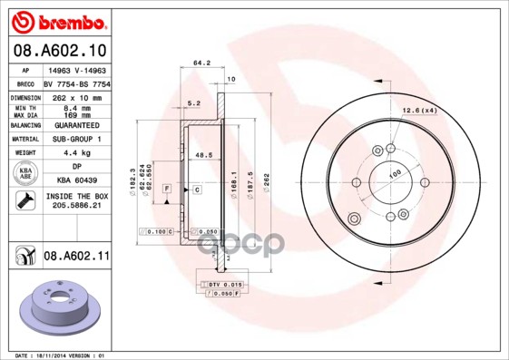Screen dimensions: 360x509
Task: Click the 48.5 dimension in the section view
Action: [x=203, y=156]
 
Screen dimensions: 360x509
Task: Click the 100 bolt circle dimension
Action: [x=396, y=173]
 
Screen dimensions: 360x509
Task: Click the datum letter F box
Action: [x=167, y=188]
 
